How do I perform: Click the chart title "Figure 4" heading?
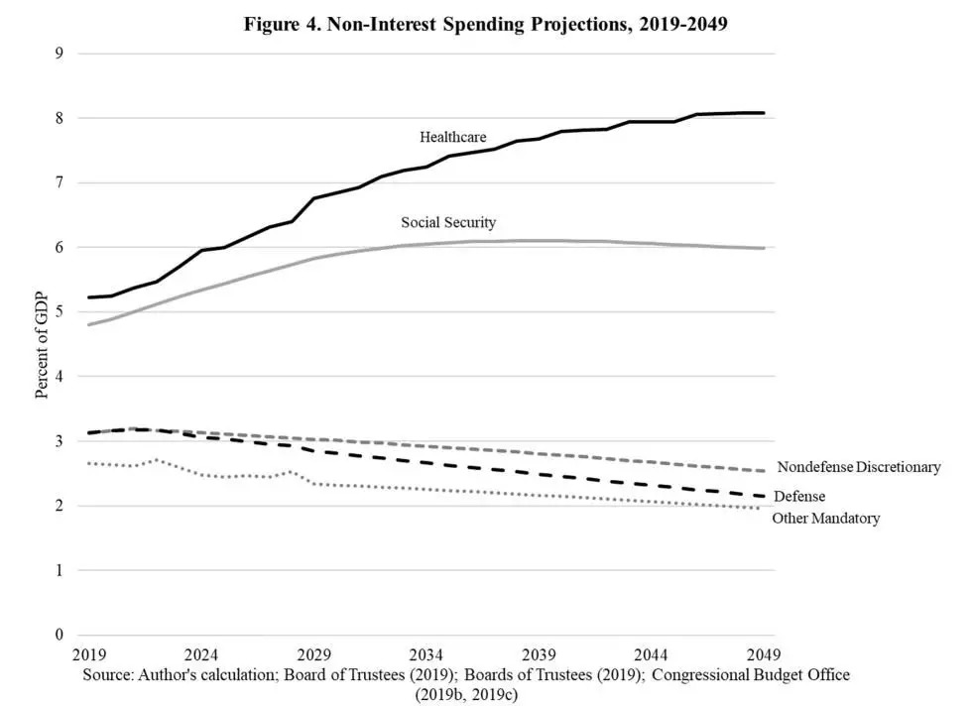pyautogui.click(x=486, y=25)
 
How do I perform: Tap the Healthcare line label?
pyautogui.click(x=452, y=137)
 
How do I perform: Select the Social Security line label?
pyautogui.click(x=448, y=222)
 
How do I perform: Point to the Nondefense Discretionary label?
pyautogui.click(x=859, y=467)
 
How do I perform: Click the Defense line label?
pyautogui.click(x=799, y=496)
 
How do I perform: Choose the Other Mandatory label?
pyautogui.click(x=825, y=518)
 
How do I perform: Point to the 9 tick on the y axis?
pyautogui.click(x=59, y=54)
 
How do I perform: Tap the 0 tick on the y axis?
pyautogui.click(x=59, y=636)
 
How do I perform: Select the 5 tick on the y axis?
pyautogui.click(x=59, y=312)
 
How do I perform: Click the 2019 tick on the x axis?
pyautogui.click(x=89, y=655)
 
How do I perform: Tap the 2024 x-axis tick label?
pyautogui.click(x=201, y=655)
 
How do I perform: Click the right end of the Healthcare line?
pyautogui.click(x=763, y=113)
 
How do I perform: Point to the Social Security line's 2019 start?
pyautogui.click(x=89, y=324)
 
